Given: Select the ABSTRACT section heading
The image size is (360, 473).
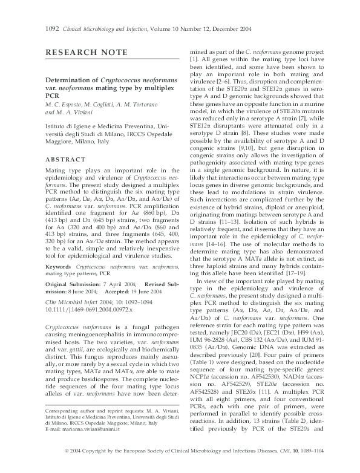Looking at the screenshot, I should [x=65, y=159].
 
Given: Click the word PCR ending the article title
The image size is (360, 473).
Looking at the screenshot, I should [x=53, y=96].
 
